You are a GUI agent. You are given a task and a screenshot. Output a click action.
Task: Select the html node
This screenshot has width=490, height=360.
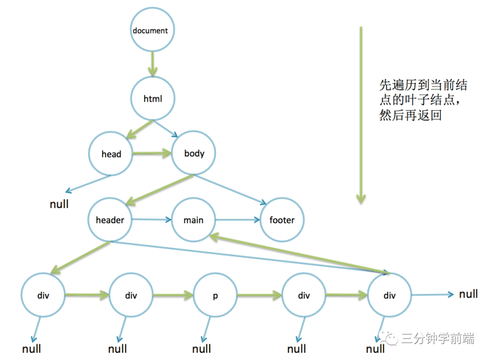click(x=152, y=99)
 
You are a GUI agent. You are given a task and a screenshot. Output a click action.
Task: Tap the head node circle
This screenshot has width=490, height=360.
click(x=111, y=154)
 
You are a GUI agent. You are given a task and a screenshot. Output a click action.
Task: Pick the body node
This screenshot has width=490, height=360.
click(x=194, y=153)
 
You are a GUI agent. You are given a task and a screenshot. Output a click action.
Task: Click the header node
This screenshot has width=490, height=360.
click(x=110, y=220)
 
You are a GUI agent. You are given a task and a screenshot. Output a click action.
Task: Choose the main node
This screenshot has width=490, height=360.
click(x=193, y=220)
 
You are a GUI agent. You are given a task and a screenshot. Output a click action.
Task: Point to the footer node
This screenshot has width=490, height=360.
click(x=282, y=220)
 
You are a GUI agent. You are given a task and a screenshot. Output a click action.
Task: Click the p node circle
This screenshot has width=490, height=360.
click(x=215, y=296)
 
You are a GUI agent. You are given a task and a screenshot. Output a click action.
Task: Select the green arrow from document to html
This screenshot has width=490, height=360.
click(x=152, y=64)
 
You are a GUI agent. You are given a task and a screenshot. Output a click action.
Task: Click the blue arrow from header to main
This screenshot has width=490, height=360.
click(x=152, y=221)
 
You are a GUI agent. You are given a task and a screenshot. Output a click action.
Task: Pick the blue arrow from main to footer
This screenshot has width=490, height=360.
click(x=238, y=221)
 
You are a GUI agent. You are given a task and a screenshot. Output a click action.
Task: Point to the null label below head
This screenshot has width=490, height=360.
click(x=59, y=204)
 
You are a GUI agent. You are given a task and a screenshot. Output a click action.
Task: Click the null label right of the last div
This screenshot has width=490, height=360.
click(x=468, y=294)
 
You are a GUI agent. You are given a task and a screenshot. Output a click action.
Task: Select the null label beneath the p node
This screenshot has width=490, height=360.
click(x=201, y=349)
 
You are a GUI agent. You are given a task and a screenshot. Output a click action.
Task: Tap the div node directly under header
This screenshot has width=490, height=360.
click(x=44, y=296)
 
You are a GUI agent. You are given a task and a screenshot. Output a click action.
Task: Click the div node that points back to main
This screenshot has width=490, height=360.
click(x=389, y=296)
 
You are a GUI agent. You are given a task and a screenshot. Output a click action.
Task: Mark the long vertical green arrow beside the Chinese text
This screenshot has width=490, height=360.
click(x=361, y=113)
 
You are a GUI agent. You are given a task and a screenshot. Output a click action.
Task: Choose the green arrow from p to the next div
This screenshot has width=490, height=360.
click(x=259, y=296)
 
